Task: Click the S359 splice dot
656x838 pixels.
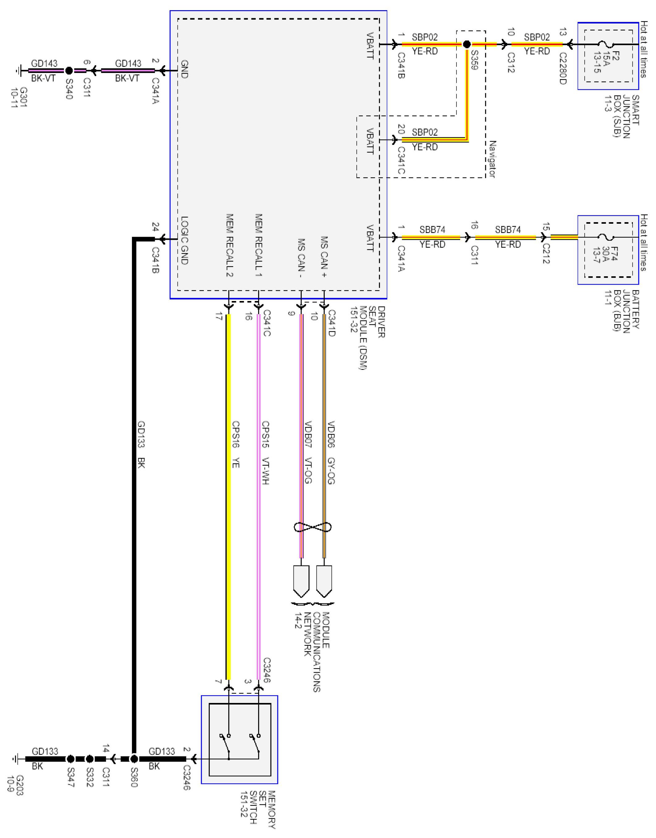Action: (x=467, y=44)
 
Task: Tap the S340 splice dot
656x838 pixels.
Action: (x=69, y=71)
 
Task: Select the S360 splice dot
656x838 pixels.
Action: (x=134, y=759)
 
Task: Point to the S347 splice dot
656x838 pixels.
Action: (x=71, y=759)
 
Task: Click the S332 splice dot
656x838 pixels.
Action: (x=90, y=759)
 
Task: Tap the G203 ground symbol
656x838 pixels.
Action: (x=16, y=759)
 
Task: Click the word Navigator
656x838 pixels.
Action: (x=492, y=159)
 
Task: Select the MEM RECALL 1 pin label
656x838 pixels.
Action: (x=259, y=245)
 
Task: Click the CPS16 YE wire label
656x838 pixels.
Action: (x=235, y=444)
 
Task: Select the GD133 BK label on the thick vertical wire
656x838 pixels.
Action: (x=141, y=444)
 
